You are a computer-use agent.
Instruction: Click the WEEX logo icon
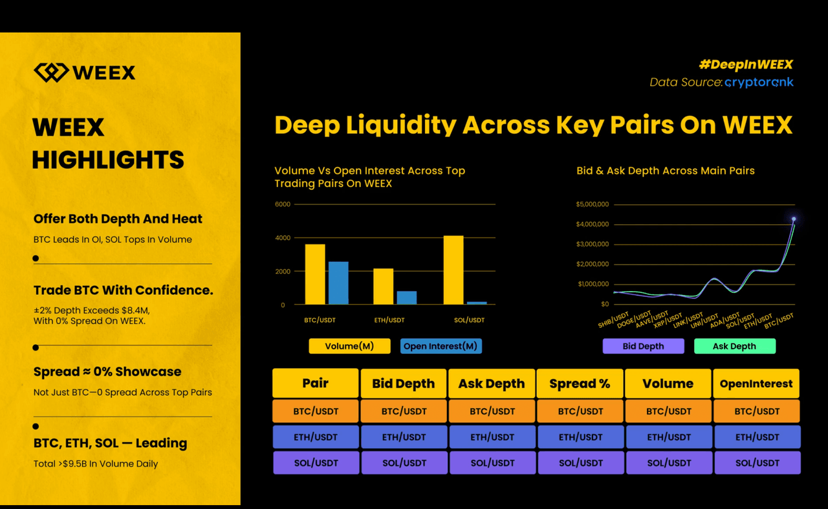click(50, 72)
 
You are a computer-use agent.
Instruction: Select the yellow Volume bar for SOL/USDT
click(453, 270)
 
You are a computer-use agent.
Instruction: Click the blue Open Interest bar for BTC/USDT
click(338, 283)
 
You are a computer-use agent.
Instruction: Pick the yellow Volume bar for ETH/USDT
click(383, 287)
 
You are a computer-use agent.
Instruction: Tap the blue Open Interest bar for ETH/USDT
click(406, 298)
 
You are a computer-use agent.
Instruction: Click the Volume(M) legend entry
click(349, 346)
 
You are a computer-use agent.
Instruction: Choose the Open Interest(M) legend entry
click(441, 346)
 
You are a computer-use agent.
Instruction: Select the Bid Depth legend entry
click(643, 346)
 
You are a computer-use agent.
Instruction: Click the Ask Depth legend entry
click(734, 346)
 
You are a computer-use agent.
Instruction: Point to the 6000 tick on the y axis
click(283, 204)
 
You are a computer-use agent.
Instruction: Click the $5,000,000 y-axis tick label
click(592, 204)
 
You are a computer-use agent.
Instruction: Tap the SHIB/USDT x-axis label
click(614, 319)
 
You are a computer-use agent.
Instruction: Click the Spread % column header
click(580, 384)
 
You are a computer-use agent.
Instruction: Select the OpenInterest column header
click(756, 384)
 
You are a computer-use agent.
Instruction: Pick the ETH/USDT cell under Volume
click(669, 437)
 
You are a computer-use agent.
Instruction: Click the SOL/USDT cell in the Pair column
click(316, 463)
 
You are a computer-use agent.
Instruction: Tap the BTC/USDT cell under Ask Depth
click(492, 411)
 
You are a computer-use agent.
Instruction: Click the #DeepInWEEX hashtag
click(745, 64)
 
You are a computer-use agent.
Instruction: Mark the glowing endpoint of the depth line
click(794, 219)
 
